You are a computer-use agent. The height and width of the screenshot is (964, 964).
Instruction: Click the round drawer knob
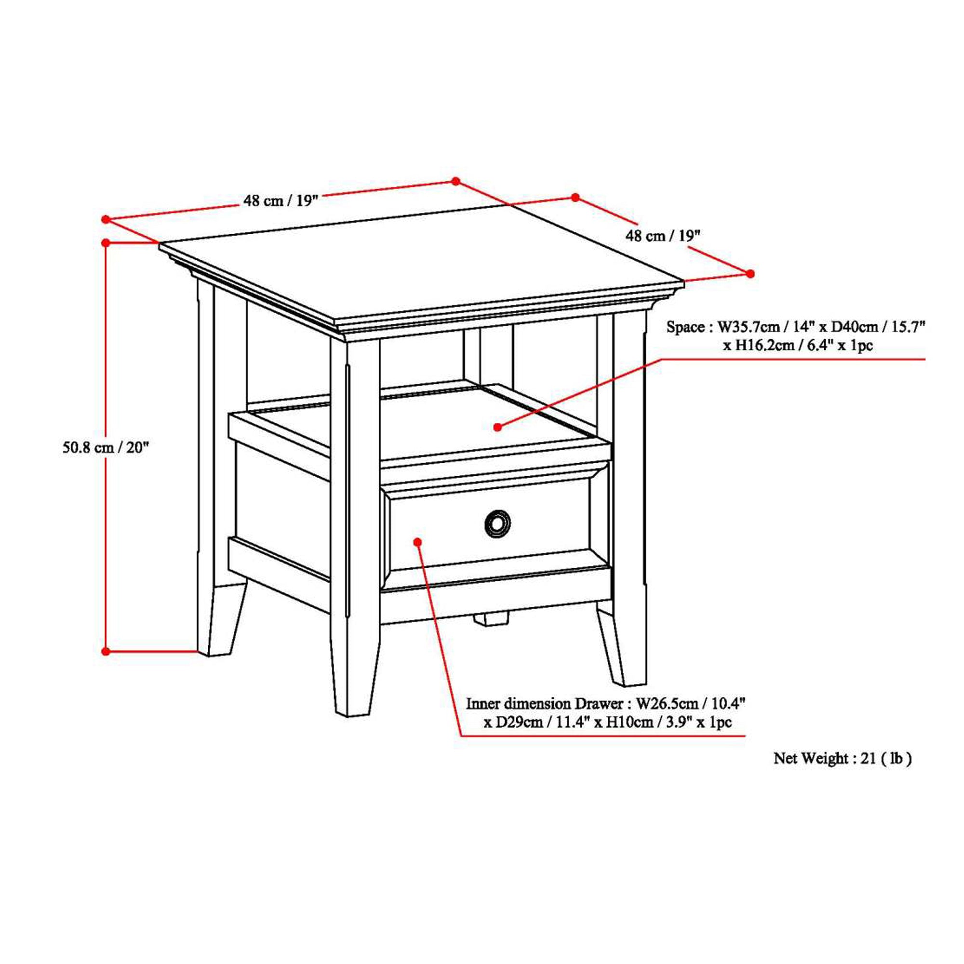click(497, 524)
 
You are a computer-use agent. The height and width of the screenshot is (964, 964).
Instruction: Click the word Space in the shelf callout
click(685, 327)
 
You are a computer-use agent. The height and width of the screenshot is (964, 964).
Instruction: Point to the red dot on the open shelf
click(497, 427)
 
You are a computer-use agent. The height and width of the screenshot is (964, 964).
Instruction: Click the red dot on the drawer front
click(417, 542)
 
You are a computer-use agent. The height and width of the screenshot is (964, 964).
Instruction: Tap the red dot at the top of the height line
click(105, 243)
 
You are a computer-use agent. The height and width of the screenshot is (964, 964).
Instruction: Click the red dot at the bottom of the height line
click(105, 651)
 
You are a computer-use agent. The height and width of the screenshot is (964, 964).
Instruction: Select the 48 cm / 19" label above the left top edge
click(281, 201)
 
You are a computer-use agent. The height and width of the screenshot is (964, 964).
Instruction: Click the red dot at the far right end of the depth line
click(750, 273)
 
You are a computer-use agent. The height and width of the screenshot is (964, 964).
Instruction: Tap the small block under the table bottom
click(491, 619)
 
